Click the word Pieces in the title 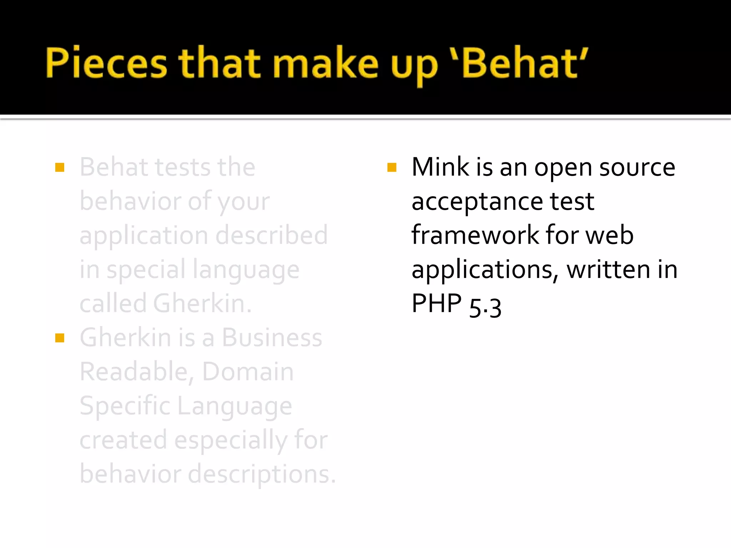pos(106,63)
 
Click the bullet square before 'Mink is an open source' pos(392,167)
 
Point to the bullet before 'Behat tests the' pos(60,167)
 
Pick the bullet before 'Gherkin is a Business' pos(60,338)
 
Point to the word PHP pos(437,304)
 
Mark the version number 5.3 pos(485,307)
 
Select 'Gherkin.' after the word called pos(202,304)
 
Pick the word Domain pos(248,371)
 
